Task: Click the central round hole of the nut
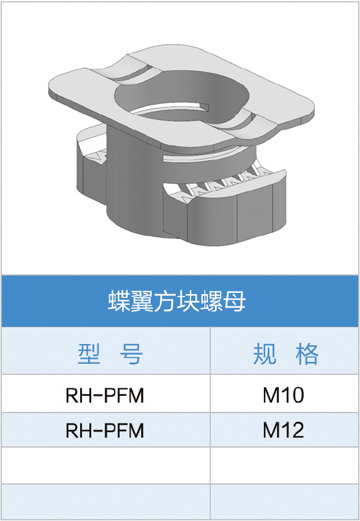click(x=181, y=97)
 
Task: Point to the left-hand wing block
click(x=91, y=163)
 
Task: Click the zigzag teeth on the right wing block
click(x=226, y=182)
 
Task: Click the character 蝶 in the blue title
click(x=118, y=301)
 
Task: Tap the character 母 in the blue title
click(x=234, y=301)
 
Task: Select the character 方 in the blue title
click(x=165, y=301)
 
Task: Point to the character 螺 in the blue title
click(x=211, y=301)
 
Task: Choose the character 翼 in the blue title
click(x=142, y=301)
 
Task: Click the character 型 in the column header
click(x=89, y=353)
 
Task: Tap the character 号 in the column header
click(x=131, y=353)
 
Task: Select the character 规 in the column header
click(x=264, y=353)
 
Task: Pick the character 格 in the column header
click(x=307, y=353)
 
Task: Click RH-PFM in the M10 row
click(x=105, y=395)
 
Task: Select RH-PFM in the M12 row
click(x=105, y=430)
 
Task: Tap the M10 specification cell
click(x=284, y=395)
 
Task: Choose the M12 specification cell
click(x=284, y=430)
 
